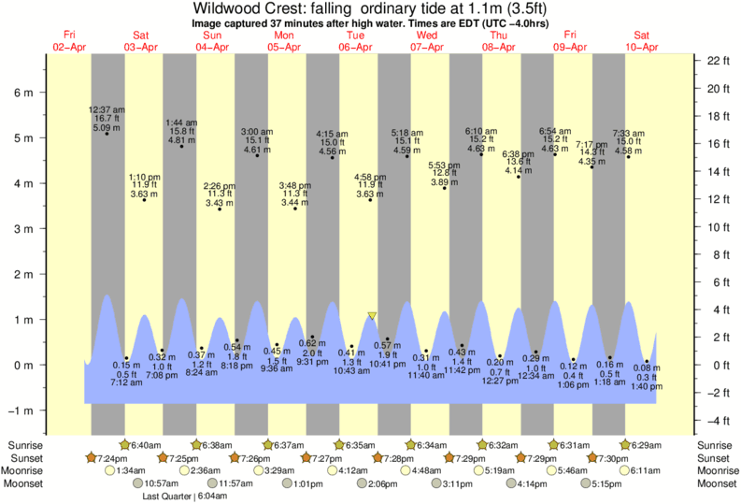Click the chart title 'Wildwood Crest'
[x=271, y=9]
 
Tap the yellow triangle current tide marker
[x=372, y=316]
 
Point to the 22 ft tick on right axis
[x=717, y=61]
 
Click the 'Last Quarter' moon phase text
[x=165, y=496]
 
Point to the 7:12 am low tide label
[x=125, y=382]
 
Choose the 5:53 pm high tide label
[x=444, y=166]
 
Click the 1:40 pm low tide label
[x=645, y=386]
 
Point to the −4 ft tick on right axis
[x=718, y=420]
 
